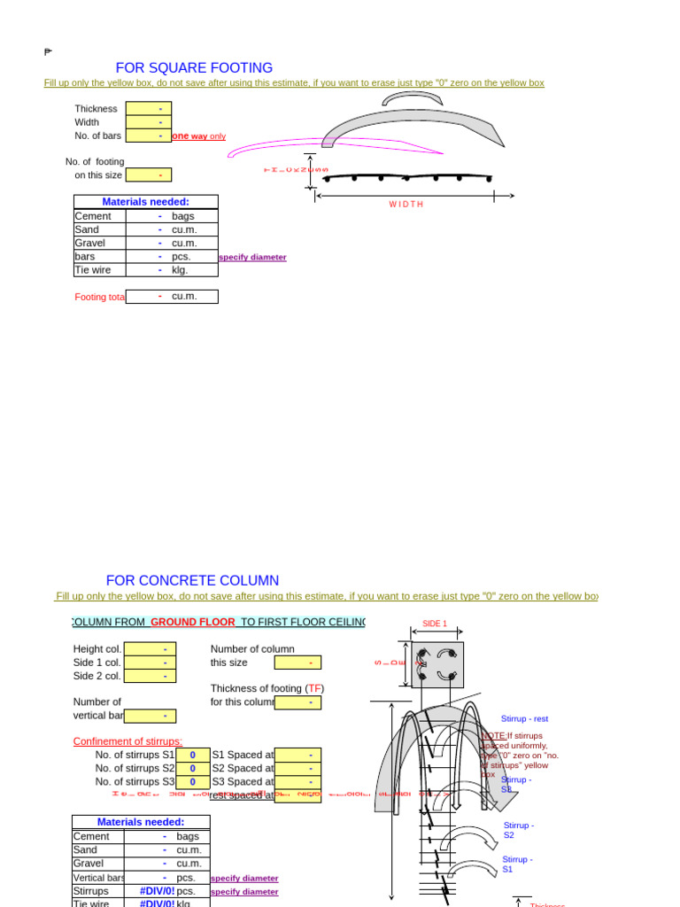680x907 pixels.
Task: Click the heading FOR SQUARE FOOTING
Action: tap(194, 68)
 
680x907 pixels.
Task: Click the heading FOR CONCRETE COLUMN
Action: tap(192, 581)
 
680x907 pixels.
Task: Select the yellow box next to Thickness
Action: tap(149, 109)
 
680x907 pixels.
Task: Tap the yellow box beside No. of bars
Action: tap(149, 136)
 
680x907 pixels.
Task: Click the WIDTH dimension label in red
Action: tap(406, 205)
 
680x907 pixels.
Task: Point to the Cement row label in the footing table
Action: tap(93, 216)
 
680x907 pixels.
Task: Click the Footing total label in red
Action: tap(100, 298)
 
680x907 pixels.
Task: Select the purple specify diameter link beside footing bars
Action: tap(252, 258)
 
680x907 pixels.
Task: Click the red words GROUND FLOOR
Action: tap(193, 623)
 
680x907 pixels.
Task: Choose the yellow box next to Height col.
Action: tap(150, 649)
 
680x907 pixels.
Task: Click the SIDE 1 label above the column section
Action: tap(435, 624)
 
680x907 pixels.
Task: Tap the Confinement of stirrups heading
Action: tap(127, 741)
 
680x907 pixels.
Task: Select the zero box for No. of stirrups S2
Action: tap(192, 769)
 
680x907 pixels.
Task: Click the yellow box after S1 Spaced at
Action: tap(297, 756)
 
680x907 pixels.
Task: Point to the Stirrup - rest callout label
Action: tap(524, 719)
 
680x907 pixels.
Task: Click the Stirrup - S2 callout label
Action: tap(518, 830)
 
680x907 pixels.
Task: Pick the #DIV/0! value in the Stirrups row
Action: tap(157, 891)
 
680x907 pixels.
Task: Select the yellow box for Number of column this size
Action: tap(297, 663)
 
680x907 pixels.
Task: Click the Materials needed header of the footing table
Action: tap(145, 202)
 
